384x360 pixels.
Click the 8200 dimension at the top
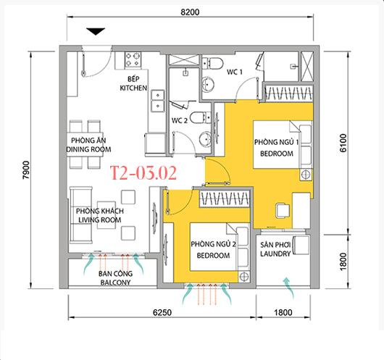[x=190, y=12]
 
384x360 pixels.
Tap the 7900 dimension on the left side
[x=26, y=170]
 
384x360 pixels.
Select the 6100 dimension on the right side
[x=343, y=143]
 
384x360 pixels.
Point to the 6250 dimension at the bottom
[x=162, y=312]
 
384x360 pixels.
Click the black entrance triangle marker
[x=96, y=31]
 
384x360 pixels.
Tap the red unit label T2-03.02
[x=143, y=173]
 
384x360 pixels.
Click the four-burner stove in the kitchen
[x=133, y=59]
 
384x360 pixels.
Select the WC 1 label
[x=234, y=72]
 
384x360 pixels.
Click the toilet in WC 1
[x=212, y=63]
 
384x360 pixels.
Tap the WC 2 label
[x=180, y=120]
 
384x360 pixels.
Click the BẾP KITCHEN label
[x=133, y=83]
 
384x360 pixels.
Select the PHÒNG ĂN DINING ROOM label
[x=88, y=145]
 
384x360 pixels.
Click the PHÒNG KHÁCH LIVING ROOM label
[x=100, y=215]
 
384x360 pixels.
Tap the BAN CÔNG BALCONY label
[x=115, y=278]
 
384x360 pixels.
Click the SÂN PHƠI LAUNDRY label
[x=275, y=249]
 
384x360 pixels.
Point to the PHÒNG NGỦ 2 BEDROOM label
[x=213, y=250]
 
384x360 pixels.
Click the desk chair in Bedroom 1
[x=283, y=211]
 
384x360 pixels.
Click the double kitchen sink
[x=158, y=101]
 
